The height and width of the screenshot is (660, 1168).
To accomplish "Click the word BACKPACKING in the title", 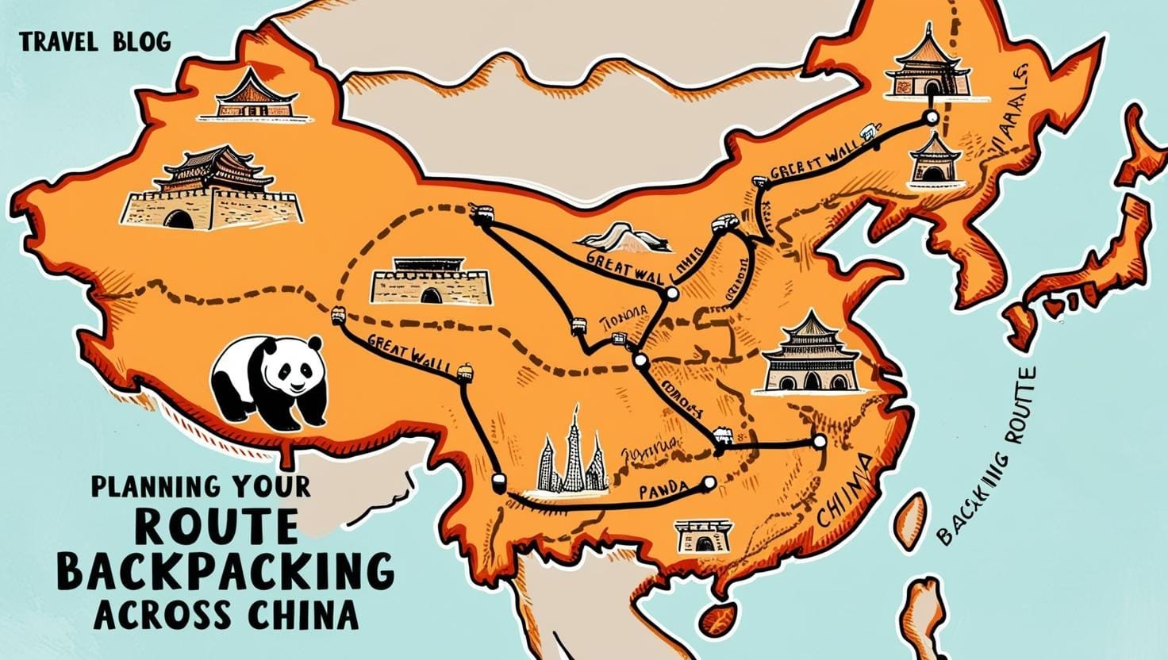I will [226, 570].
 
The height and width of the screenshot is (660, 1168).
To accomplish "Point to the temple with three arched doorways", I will [810, 356].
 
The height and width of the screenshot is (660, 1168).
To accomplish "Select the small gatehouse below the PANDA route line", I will [702, 536].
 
